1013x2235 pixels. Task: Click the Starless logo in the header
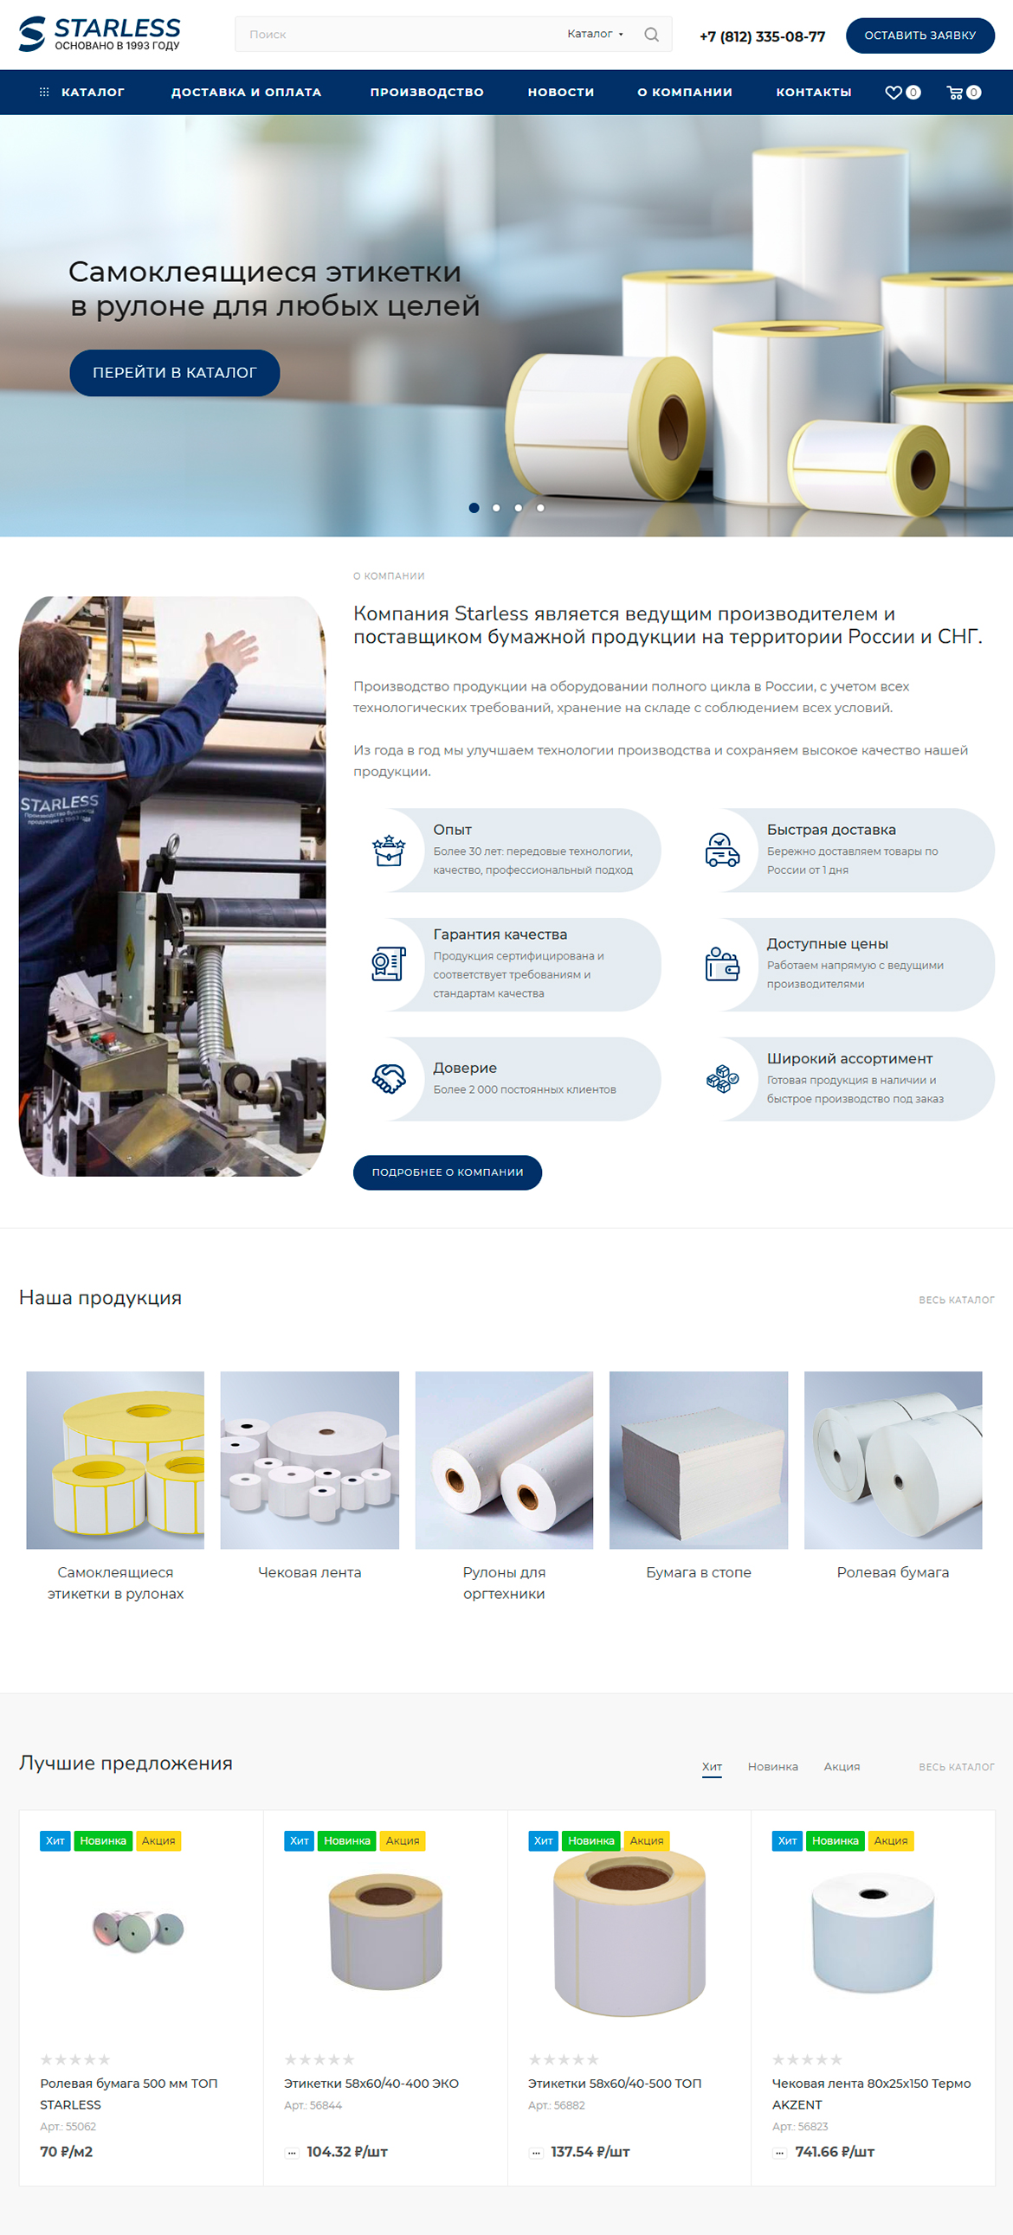pos(100,35)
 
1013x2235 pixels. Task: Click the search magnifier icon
pos(651,35)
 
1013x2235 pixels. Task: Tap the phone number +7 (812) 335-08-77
pos(762,36)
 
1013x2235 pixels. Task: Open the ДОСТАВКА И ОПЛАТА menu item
pos(247,92)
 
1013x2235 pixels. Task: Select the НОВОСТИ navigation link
pos(561,92)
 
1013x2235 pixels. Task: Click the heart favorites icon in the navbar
pos(894,93)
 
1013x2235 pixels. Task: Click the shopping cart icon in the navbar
pos(955,93)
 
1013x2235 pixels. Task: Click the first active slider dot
pos(474,508)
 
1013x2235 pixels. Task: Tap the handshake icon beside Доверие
pos(389,1078)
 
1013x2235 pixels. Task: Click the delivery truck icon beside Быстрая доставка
pos(722,851)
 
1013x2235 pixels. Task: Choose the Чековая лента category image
pos(310,1461)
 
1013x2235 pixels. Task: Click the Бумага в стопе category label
pos(699,1572)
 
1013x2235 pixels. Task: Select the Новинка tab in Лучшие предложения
pos(772,1767)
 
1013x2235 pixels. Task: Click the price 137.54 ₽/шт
pos(590,2152)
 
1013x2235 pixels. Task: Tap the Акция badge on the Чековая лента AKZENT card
pos(891,1840)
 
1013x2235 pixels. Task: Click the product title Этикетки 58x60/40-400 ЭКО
pos(371,2084)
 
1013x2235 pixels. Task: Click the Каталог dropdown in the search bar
pos(595,34)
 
